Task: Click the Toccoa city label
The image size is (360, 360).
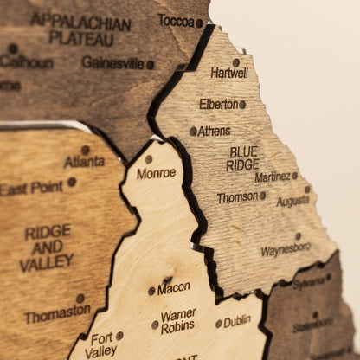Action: [x=176, y=21]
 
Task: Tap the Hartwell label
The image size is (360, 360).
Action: [x=228, y=74]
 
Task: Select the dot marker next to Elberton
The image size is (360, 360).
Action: [x=242, y=104]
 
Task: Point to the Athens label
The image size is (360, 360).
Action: [x=214, y=132]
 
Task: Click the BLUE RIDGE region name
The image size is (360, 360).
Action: [x=243, y=157]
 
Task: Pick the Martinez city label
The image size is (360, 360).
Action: [x=272, y=177]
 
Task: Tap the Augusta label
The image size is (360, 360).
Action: [x=292, y=201]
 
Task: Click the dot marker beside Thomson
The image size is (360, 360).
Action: [x=263, y=196]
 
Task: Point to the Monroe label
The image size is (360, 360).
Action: [x=156, y=173]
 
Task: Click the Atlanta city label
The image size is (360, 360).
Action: [x=84, y=161]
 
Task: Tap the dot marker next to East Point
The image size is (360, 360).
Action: [x=72, y=182]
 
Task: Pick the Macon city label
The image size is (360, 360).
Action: [x=174, y=287]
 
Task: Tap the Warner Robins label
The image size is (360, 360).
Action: [x=178, y=321]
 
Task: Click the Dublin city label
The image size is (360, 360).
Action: [x=237, y=322]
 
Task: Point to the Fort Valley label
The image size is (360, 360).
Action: [x=102, y=345]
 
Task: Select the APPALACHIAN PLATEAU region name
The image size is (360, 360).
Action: [x=80, y=28]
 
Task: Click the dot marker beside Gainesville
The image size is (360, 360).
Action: [x=150, y=64]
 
